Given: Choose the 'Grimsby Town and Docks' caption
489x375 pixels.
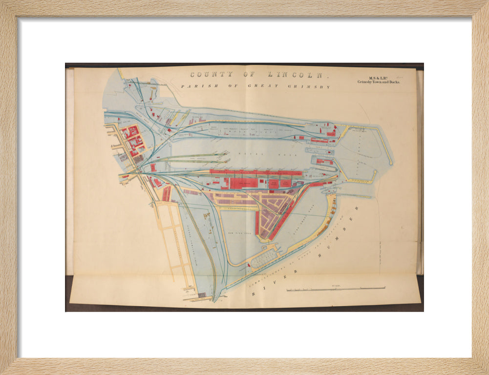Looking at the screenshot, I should tap(379, 82).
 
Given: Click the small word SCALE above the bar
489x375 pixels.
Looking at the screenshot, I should tap(336, 285).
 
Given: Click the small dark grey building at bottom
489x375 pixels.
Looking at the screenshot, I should tap(202, 295).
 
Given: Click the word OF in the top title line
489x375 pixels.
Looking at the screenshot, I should tap(243, 75).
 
